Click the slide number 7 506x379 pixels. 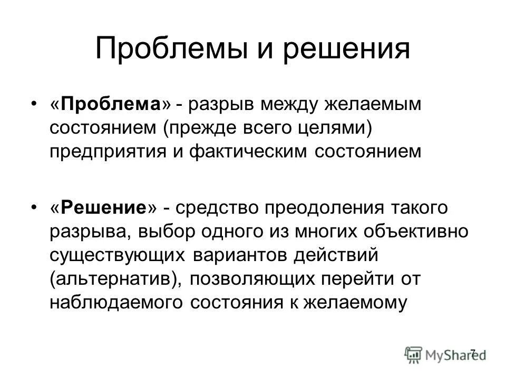473,352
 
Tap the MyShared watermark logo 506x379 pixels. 445,354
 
